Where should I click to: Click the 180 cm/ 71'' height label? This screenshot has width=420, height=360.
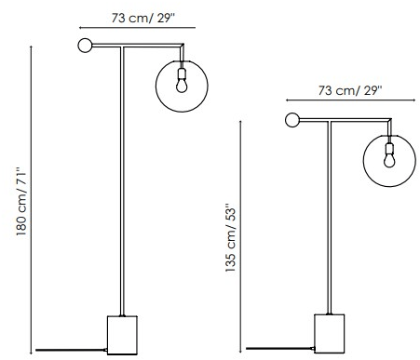21,202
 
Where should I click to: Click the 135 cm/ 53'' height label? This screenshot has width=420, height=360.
231,238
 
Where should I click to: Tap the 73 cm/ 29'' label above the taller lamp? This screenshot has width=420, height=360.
143,18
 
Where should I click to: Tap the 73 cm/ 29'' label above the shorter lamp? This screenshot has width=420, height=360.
350,90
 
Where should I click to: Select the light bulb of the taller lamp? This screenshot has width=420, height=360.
182,86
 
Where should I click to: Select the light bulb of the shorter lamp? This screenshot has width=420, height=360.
389,160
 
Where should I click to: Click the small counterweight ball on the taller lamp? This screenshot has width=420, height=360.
85,46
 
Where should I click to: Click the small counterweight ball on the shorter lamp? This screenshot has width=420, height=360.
292,120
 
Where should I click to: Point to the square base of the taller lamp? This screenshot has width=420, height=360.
122,335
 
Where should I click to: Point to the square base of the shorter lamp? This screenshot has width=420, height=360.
330,333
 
